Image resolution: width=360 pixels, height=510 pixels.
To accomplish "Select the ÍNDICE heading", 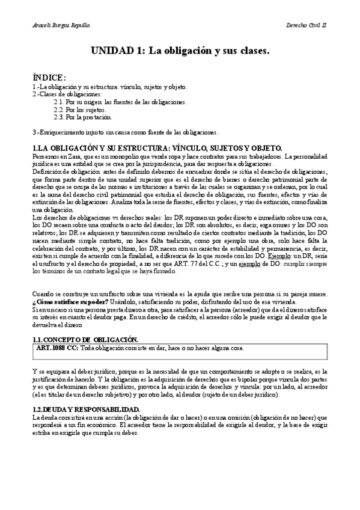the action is coord(49,78).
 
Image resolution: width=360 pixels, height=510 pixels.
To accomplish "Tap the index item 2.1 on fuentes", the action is coord(120,102).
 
